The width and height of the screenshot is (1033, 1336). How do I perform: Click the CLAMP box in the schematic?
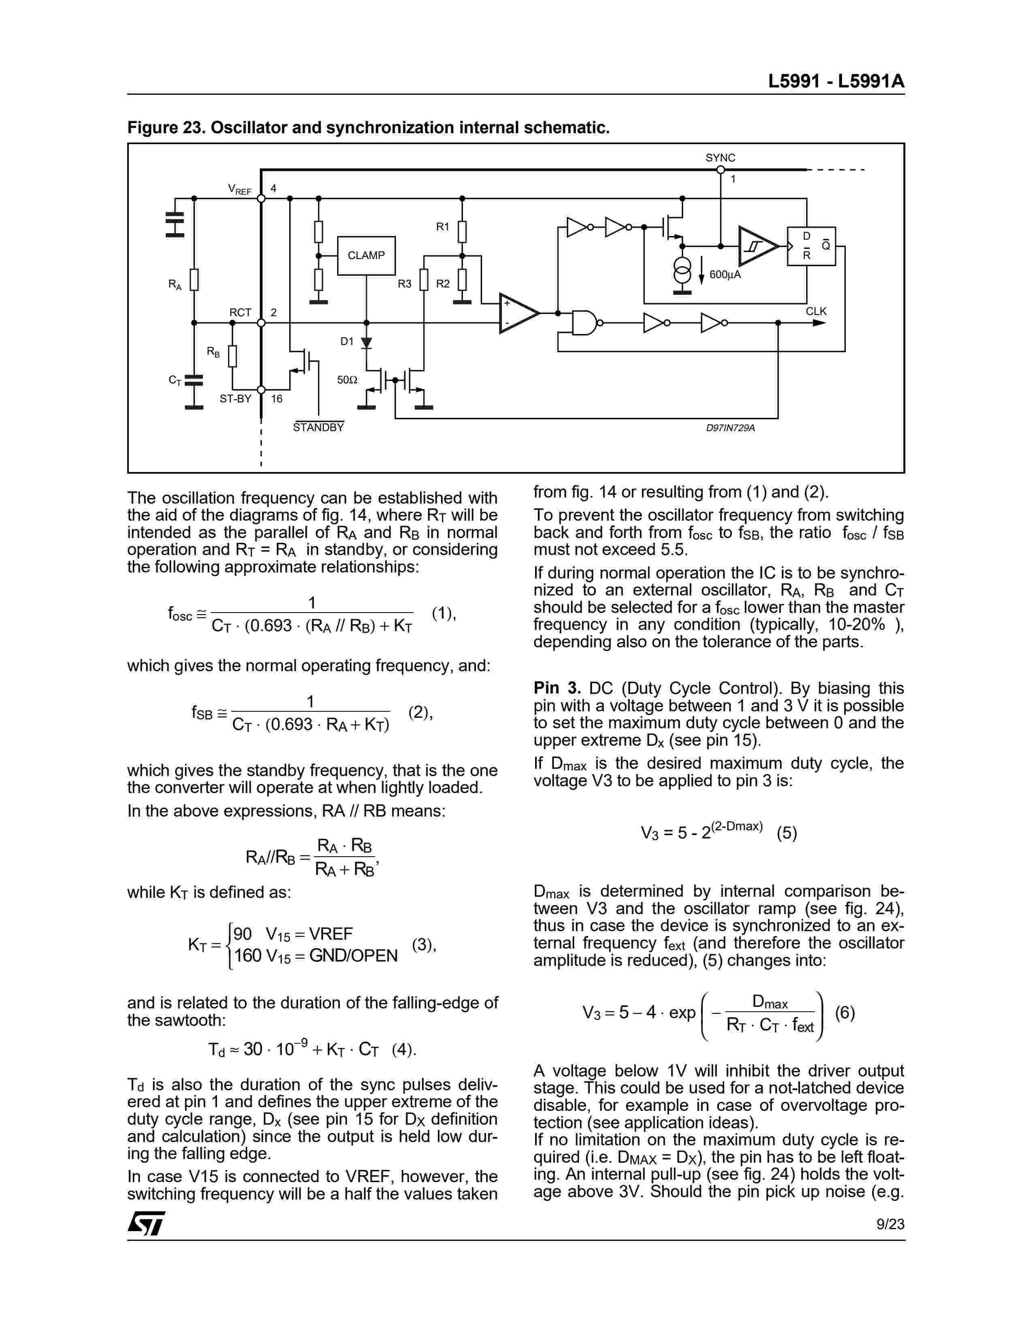click(366, 255)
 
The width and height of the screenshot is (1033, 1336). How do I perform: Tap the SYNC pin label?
click(720, 158)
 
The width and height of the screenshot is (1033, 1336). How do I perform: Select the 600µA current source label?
click(725, 274)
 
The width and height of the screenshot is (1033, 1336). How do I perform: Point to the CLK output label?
click(816, 311)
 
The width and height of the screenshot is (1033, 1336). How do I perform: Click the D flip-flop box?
click(811, 246)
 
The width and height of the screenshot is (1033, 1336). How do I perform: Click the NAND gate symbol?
click(585, 322)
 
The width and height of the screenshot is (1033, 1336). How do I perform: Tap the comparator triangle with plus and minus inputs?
click(518, 313)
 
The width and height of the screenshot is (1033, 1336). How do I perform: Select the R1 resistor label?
click(442, 227)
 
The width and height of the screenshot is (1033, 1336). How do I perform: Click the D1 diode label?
click(347, 341)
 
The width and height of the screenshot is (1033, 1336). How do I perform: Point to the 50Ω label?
click(347, 380)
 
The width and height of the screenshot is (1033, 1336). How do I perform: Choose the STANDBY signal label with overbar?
click(318, 428)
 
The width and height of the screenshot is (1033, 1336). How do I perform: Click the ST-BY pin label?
click(236, 399)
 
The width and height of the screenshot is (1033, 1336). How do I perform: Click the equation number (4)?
click(404, 1050)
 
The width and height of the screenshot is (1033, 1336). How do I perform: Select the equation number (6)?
click(845, 1013)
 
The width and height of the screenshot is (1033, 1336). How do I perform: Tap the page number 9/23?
click(890, 1224)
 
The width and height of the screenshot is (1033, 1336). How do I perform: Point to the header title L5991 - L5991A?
click(836, 81)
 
